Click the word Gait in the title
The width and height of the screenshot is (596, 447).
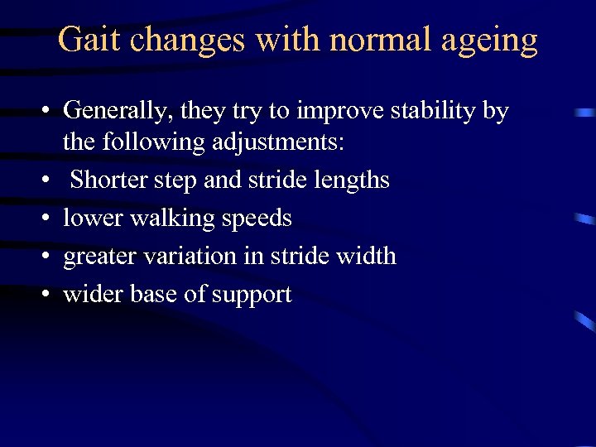point(87,39)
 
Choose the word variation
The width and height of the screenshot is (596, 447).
point(190,257)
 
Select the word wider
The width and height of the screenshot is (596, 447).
point(93,295)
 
